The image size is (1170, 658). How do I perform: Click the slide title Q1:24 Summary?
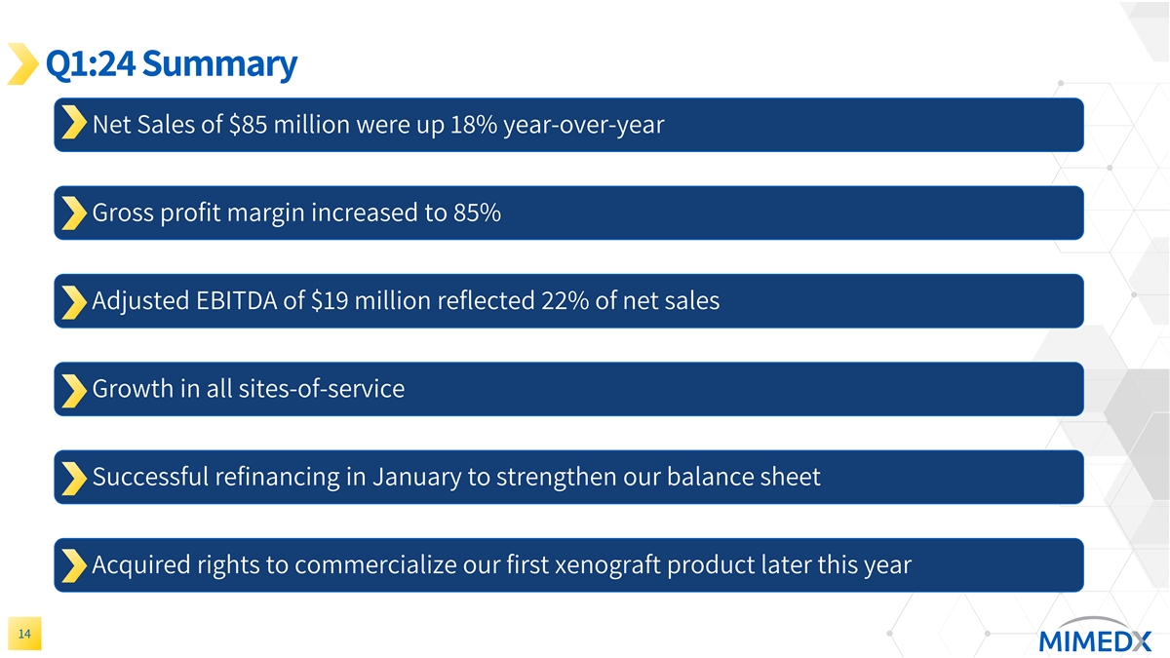coord(171,64)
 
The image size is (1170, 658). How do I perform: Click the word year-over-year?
coord(583,125)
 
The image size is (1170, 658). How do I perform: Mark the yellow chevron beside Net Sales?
coord(71,125)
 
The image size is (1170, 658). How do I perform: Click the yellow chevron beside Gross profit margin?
coord(71,213)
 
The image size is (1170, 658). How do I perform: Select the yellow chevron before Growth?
coord(71,389)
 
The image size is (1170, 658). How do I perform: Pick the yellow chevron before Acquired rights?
coord(71,565)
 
